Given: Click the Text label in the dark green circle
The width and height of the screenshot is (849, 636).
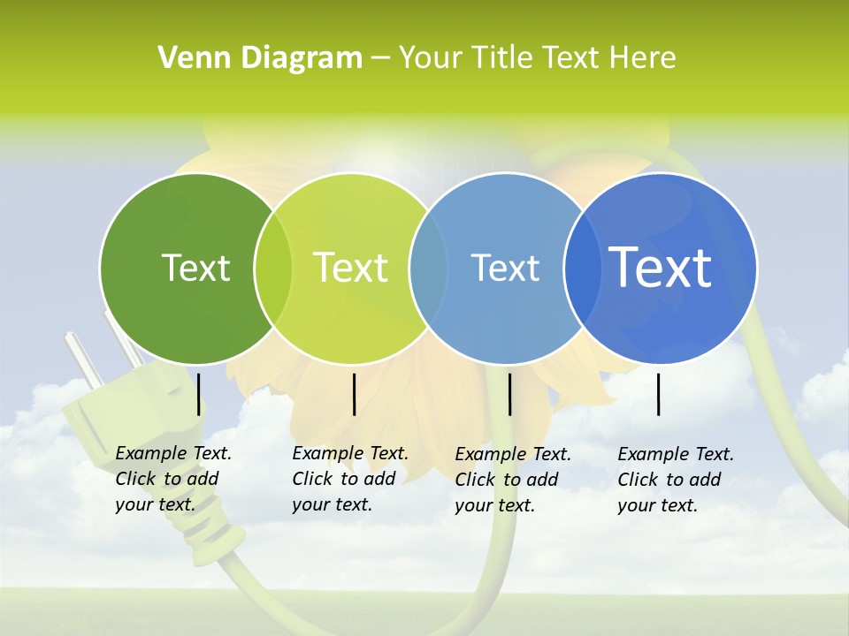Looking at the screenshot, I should point(195,268).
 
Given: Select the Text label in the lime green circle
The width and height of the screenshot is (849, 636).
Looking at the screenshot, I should point(351,268).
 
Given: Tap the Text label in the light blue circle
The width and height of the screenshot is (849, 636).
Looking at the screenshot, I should point(506,268).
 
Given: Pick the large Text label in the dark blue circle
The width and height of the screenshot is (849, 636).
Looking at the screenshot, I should point(661,268).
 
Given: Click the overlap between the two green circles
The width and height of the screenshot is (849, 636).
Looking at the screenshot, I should point(273,268).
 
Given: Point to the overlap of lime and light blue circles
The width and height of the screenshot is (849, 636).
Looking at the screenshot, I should point(428,268).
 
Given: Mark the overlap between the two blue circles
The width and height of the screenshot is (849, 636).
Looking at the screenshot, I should point(583,268).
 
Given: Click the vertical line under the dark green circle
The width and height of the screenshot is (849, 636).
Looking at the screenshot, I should point(198,394).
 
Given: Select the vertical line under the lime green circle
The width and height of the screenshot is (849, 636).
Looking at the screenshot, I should point(354,394).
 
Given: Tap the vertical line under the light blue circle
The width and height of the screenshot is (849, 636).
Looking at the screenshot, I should point(509,394).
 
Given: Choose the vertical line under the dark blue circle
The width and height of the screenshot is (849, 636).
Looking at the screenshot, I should point(659,394).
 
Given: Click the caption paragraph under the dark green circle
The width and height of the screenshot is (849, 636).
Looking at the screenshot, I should point(172,479).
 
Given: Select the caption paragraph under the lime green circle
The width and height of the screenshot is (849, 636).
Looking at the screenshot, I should point(349,479).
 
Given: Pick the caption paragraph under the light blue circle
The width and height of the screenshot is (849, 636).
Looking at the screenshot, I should point(512,480).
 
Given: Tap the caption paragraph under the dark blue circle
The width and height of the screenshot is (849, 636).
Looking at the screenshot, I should point(675,480).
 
